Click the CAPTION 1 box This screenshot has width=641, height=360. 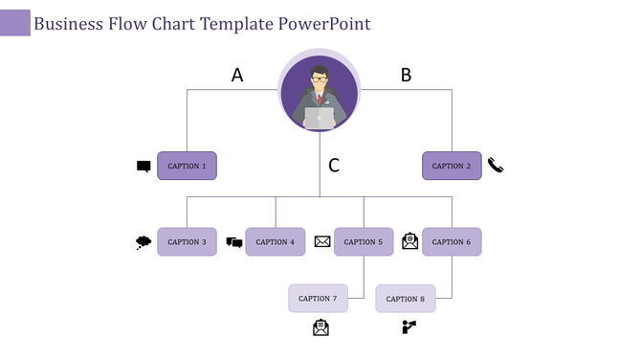tap(187, 166)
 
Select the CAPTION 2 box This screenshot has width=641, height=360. tap(452, 166)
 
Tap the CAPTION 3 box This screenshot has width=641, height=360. tap(187, 242)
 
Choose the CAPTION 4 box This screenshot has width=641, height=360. tap(276, 242)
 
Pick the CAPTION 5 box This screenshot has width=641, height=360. tap(364, 242)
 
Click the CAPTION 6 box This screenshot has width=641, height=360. tap(452, 242)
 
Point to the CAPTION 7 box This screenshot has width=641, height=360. tap(318, 299)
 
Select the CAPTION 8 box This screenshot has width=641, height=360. tap(406, 299)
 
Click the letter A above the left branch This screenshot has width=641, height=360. tap(237, 75)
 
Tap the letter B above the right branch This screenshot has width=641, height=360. tap(406, 75)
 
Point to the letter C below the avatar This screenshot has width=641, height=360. tap(334, 166)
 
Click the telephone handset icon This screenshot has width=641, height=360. tap(495, 165)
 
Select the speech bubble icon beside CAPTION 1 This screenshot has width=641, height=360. tap(144, 167)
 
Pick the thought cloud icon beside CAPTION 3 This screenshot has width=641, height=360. tap(144, 242)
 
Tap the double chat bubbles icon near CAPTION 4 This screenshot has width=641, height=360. tap(234, 242)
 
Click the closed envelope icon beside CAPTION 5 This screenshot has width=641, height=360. tap(322, 242)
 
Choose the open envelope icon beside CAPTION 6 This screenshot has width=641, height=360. tap(409, 241)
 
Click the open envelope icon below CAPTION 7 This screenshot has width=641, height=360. tap(320, 327)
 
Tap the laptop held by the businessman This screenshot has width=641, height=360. tap(320, 118)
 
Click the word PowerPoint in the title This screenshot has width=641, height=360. tap(324, 24)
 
